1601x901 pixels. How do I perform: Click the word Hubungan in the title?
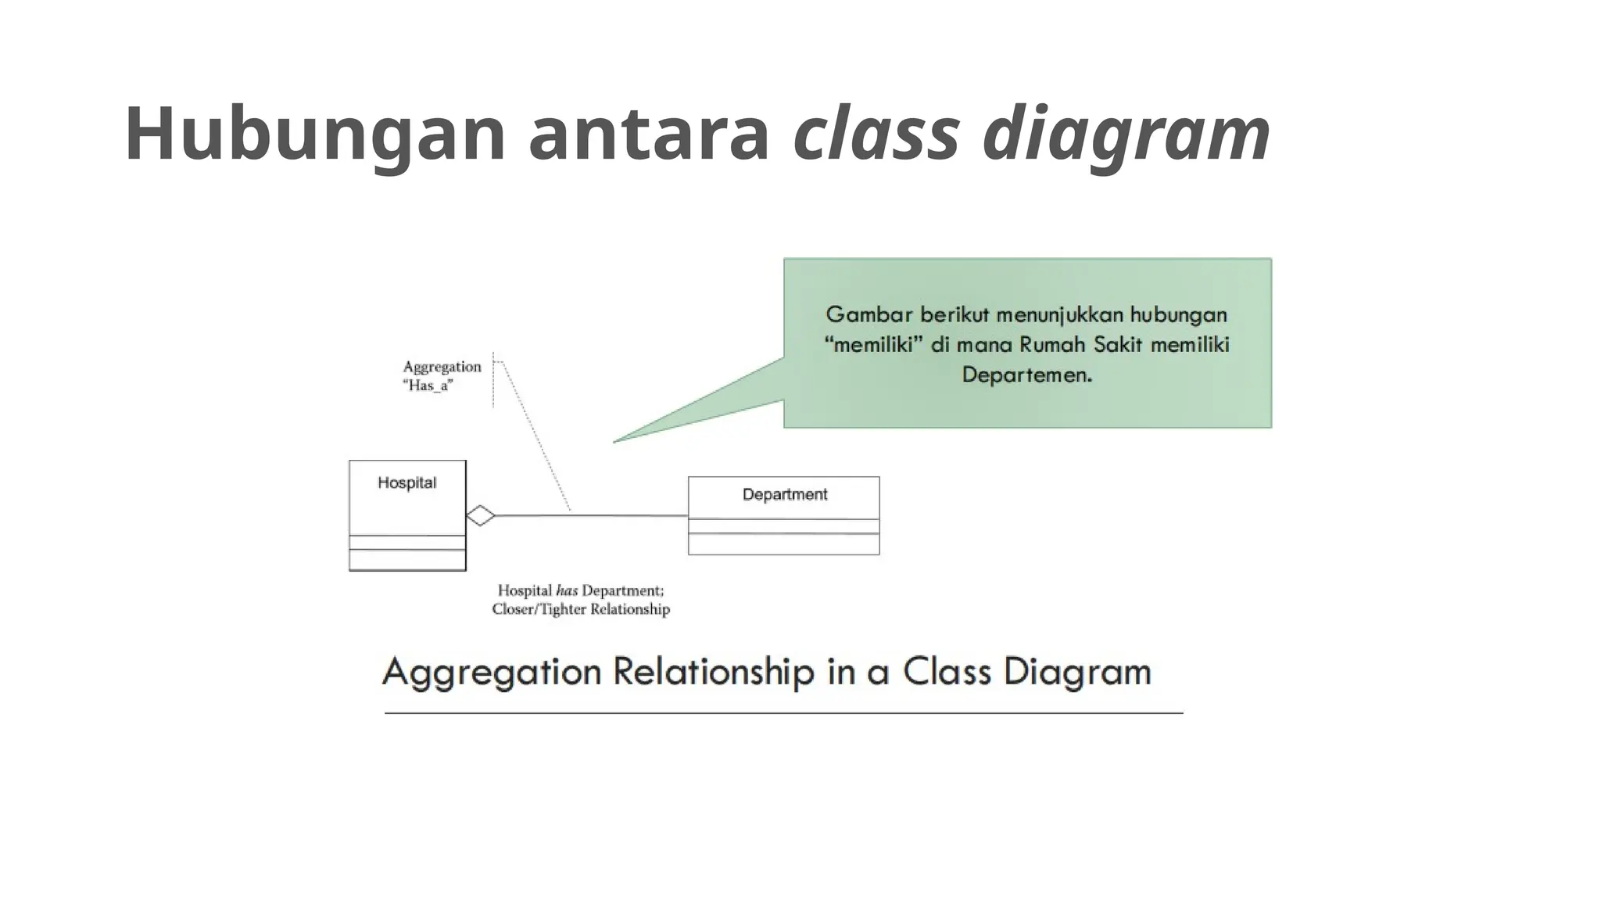pyautogui.click(x=315, y=135)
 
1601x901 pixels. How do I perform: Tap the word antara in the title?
pyautogui.click(x=649, y=135)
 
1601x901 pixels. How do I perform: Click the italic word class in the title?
pyautogui.click(x=876, y=135)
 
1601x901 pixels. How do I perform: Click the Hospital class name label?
pyautogui.click(x=407, y=483)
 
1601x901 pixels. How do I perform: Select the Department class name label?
pyautogui.click(x=784, y=494)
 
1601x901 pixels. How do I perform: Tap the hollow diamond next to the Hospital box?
pyautogui.click(x=481, y=515)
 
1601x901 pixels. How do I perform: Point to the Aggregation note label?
pyautogui.click(x=442, y=367)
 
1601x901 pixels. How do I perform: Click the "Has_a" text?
pyautogui.click(x=428, y=386)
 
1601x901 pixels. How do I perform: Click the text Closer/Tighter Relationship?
pyautogui.click(x=581, y=609)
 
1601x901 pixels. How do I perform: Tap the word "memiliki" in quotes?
pyautogui.click(x=873, y=345)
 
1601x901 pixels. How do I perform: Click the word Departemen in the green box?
pyautogui.click(x=1026, y=375)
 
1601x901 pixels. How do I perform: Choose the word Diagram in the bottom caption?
pyautogui.click(x=1077, y=672)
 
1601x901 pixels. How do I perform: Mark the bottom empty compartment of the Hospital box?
pyautogui.click(x=407, y=560)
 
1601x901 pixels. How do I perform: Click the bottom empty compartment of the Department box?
pyautogui.click(x=783, y=544)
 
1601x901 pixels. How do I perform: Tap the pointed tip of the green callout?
pyautogui.click(x=615, y=442)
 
